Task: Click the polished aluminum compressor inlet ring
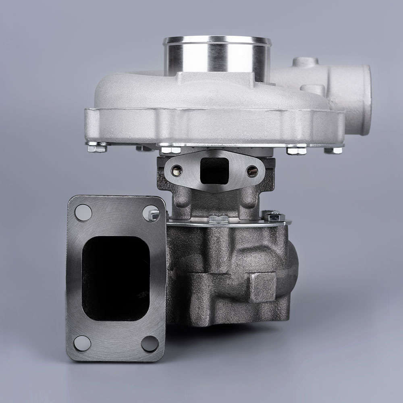tap(217, 56)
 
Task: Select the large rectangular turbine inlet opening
tap(116, 278)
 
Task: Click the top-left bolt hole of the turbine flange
tap(83, 212)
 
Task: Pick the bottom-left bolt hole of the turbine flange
tap(82, 343)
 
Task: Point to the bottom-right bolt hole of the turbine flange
tap(150, 344)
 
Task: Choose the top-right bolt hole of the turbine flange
tap(150, 213)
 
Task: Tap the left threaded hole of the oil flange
tap(177, 171)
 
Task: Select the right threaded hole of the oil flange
tap(252, 172)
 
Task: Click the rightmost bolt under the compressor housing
tap(333, 150)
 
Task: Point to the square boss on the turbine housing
tap(262, 287)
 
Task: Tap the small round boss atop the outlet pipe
tap(305, 62)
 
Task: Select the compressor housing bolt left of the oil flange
tap(170, 150)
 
